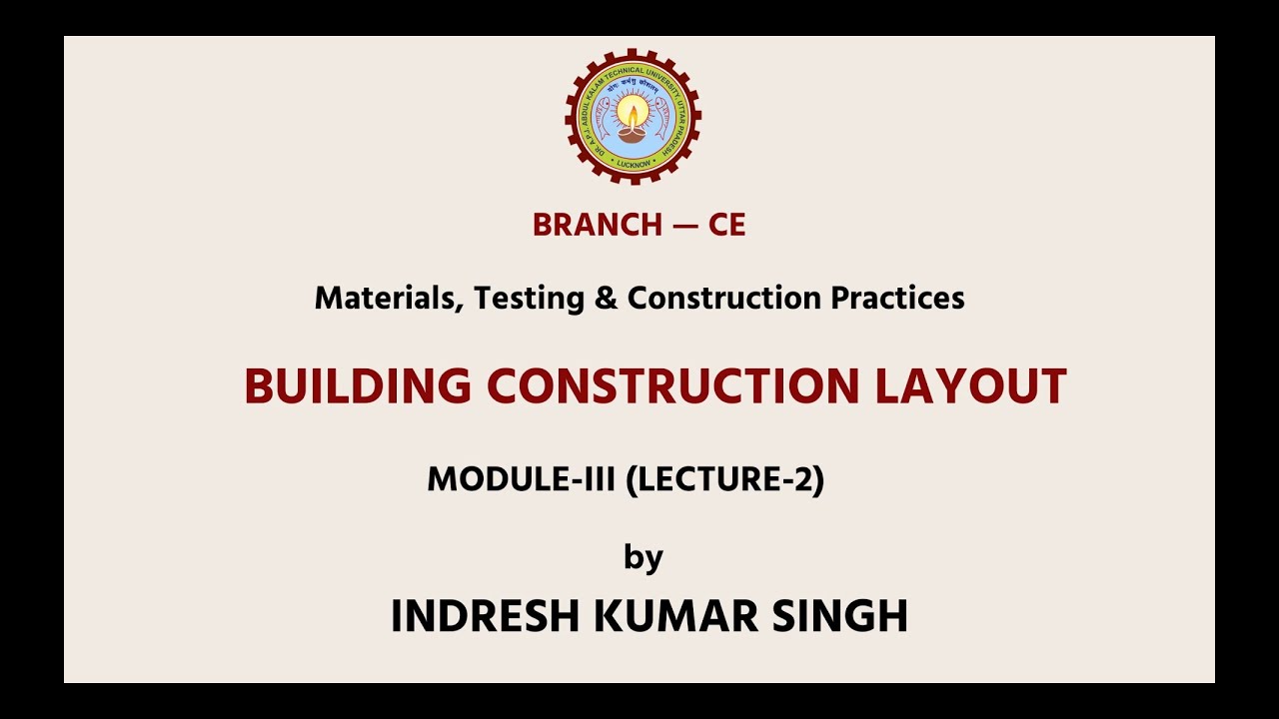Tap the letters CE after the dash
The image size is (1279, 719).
[x=726, y=226]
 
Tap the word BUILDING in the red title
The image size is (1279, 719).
[x=358, y=387]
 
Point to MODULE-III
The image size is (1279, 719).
[x=521, y=480]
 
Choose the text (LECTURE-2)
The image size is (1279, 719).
[x=724, y=480]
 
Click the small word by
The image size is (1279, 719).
[x=642, y=557]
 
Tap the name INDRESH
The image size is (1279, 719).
[x=486, y=616]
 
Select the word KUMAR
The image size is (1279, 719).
[x=676, y=616]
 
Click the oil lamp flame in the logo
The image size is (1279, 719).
[x=633, y=108]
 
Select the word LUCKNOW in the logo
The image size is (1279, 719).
[x=633, y=162]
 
